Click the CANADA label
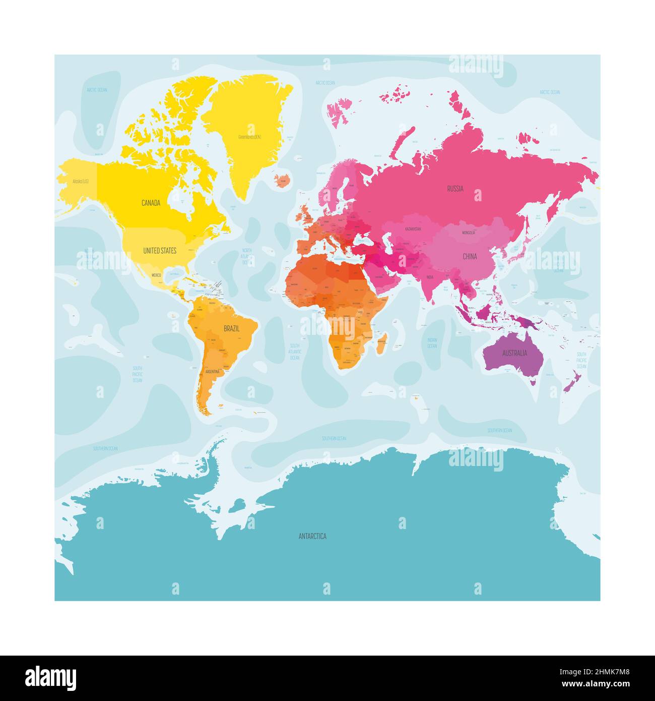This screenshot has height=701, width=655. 151,203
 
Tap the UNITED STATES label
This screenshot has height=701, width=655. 160,251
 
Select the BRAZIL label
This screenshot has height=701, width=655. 231,328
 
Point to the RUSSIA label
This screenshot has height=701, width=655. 455,189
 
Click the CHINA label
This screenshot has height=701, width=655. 470,257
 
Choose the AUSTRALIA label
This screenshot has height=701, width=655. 514,353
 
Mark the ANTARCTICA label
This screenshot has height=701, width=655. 312,536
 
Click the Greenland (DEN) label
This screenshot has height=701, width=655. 249,137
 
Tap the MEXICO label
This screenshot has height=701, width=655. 156,275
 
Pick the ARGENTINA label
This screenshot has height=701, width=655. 212,372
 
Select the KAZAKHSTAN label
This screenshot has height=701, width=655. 412,229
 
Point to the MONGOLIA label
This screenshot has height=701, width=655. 468,233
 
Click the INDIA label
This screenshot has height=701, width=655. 430,277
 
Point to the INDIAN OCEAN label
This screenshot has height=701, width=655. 432,343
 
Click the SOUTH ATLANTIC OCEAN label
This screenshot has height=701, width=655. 294,352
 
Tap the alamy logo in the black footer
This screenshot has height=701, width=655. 51,678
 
